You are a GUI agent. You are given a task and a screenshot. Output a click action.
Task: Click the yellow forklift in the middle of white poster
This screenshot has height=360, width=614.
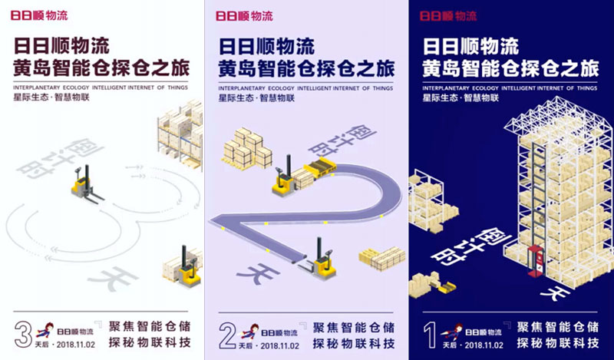(x=85, y=185)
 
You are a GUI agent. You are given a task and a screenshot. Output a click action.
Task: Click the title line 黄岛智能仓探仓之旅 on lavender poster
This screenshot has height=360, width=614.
(x=306, y=69)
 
